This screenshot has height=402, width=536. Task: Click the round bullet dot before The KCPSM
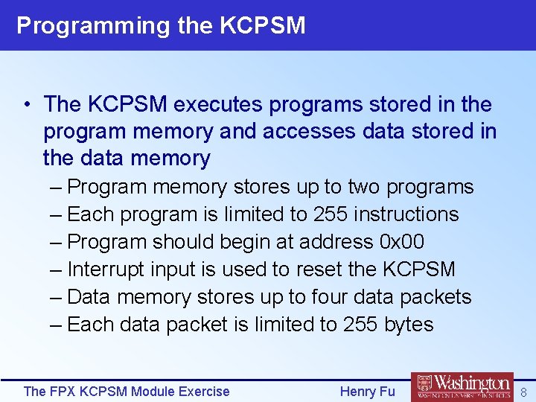[26, 105]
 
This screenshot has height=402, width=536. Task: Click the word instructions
[406, 214]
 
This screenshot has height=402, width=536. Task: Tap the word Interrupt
[106, 269]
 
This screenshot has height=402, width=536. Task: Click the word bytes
[408, 325]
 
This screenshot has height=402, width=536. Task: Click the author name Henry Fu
[368, 391]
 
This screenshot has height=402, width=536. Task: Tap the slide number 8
[523, 392]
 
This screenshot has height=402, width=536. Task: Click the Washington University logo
[462, 386]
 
